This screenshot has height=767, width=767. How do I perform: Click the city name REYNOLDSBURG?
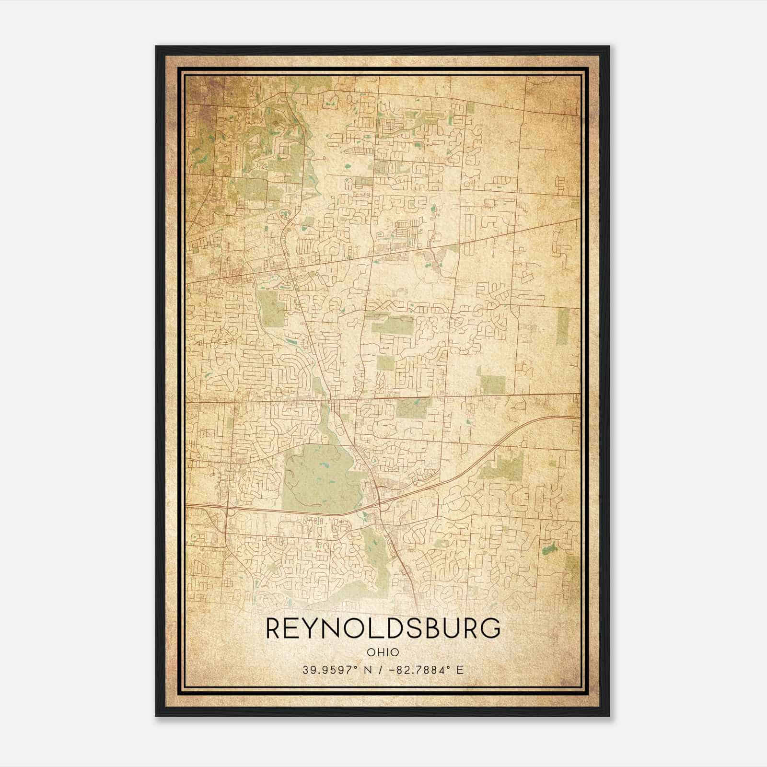(x=383, y=628)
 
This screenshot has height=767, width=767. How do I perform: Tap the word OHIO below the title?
(x=383, y=652)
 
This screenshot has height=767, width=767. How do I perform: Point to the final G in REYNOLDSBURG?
(x=491, y=628)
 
